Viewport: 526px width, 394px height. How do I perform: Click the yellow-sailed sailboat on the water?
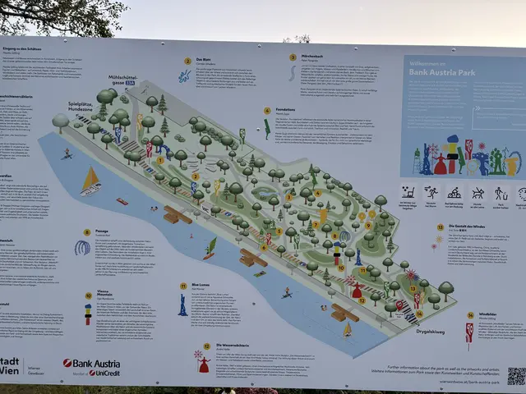(x=90, y=180)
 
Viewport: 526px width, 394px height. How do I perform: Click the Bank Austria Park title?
(x=445, y=71)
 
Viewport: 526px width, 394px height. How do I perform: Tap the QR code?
(x=515, y=375)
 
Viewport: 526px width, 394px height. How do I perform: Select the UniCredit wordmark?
(x=104, y=373)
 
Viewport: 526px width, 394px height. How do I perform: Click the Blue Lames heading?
(x=201, y=285)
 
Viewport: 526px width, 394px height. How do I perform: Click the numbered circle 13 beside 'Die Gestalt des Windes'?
(x=440, y=227)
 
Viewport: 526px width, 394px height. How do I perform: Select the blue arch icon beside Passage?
(x=82, y=246)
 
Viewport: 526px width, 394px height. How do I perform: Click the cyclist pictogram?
(x=454, y=193)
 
